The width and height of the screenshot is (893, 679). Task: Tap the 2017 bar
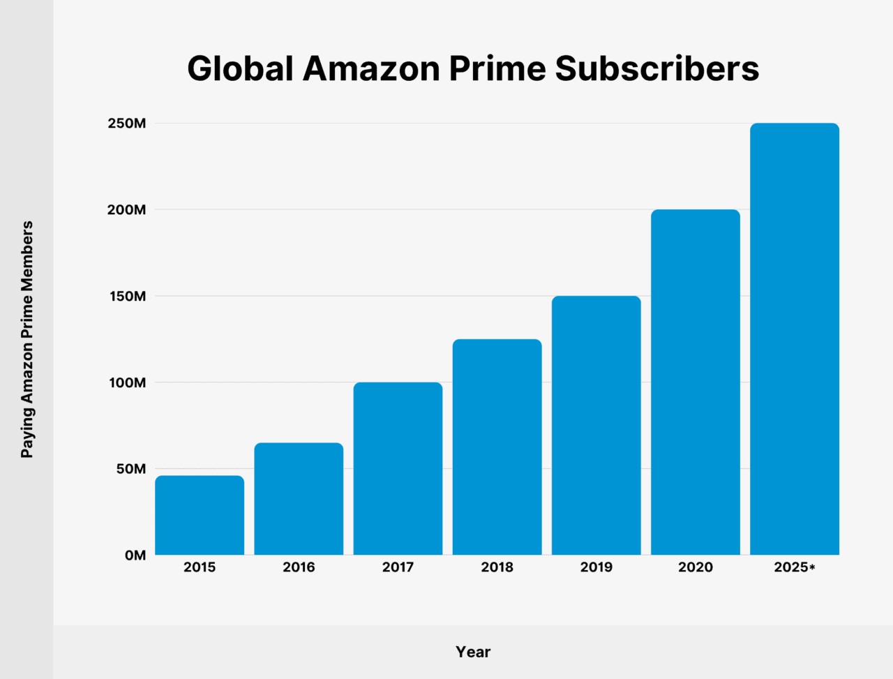point(398,468)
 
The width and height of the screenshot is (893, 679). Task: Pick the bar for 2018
point(497,447)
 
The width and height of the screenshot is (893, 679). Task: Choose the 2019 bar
point(596,425)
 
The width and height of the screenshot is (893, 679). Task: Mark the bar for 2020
point(696,382)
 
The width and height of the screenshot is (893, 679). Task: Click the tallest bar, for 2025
point(795,338)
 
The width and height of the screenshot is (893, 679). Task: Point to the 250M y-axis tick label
point(126,124)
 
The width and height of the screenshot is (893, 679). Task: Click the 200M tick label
point(126,210)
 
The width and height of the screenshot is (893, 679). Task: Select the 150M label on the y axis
point(126,297)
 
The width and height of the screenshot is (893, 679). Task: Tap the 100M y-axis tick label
point(126,382)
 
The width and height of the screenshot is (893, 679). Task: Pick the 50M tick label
point(130,469)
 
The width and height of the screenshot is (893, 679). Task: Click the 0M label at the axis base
point(135,555)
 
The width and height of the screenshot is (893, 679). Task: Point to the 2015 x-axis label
point(200,567)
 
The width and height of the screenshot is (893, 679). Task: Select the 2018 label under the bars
point(497,567)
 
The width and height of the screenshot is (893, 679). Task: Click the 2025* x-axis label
point(794,567)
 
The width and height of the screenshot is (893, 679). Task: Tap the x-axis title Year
point(473,652)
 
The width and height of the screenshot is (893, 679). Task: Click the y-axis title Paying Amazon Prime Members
point(27,339)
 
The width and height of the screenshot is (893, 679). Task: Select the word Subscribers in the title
point(656,68)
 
